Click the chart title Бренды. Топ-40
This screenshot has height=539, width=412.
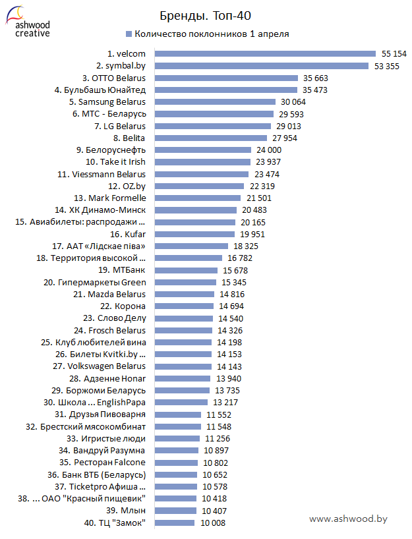205,15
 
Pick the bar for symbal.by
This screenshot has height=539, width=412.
259,65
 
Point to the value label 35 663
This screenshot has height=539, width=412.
316,78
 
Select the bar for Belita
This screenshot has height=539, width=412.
208,138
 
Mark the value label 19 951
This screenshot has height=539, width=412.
254,234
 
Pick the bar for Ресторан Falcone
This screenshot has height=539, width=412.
175,463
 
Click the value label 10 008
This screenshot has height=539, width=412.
213,523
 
